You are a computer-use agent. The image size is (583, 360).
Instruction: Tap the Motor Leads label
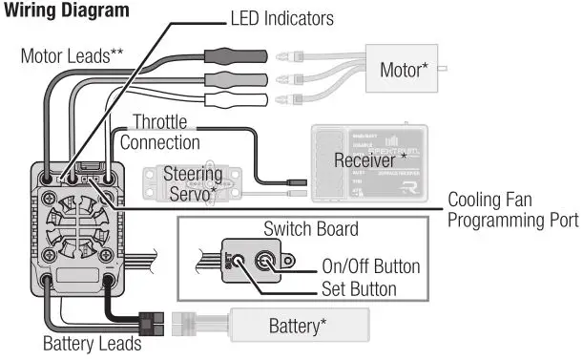[72, 55]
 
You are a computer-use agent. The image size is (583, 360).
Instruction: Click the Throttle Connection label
[160, 133]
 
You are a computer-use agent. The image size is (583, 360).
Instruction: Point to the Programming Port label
[512, 220]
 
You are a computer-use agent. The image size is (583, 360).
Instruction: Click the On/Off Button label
[370, 266]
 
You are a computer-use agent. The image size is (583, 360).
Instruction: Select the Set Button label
[358, 287]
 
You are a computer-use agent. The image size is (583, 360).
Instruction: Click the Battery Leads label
[92, 343]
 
